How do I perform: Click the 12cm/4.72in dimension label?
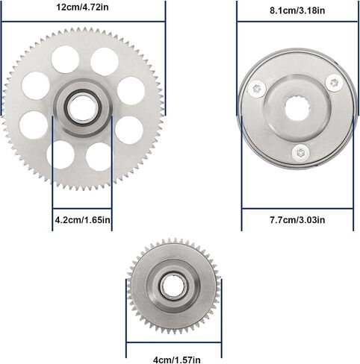[82, 7]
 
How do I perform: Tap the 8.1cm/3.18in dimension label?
[297, 10]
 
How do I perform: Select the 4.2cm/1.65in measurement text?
[82, 220]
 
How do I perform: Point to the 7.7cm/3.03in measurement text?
[297, 220]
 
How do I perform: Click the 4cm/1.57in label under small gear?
[177, 360]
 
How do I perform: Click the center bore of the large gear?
[82, 108]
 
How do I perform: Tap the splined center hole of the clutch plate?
[297, 108]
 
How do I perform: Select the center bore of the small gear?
[173, 286]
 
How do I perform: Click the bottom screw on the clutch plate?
[301, 153]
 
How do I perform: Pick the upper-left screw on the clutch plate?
[257, 89]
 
